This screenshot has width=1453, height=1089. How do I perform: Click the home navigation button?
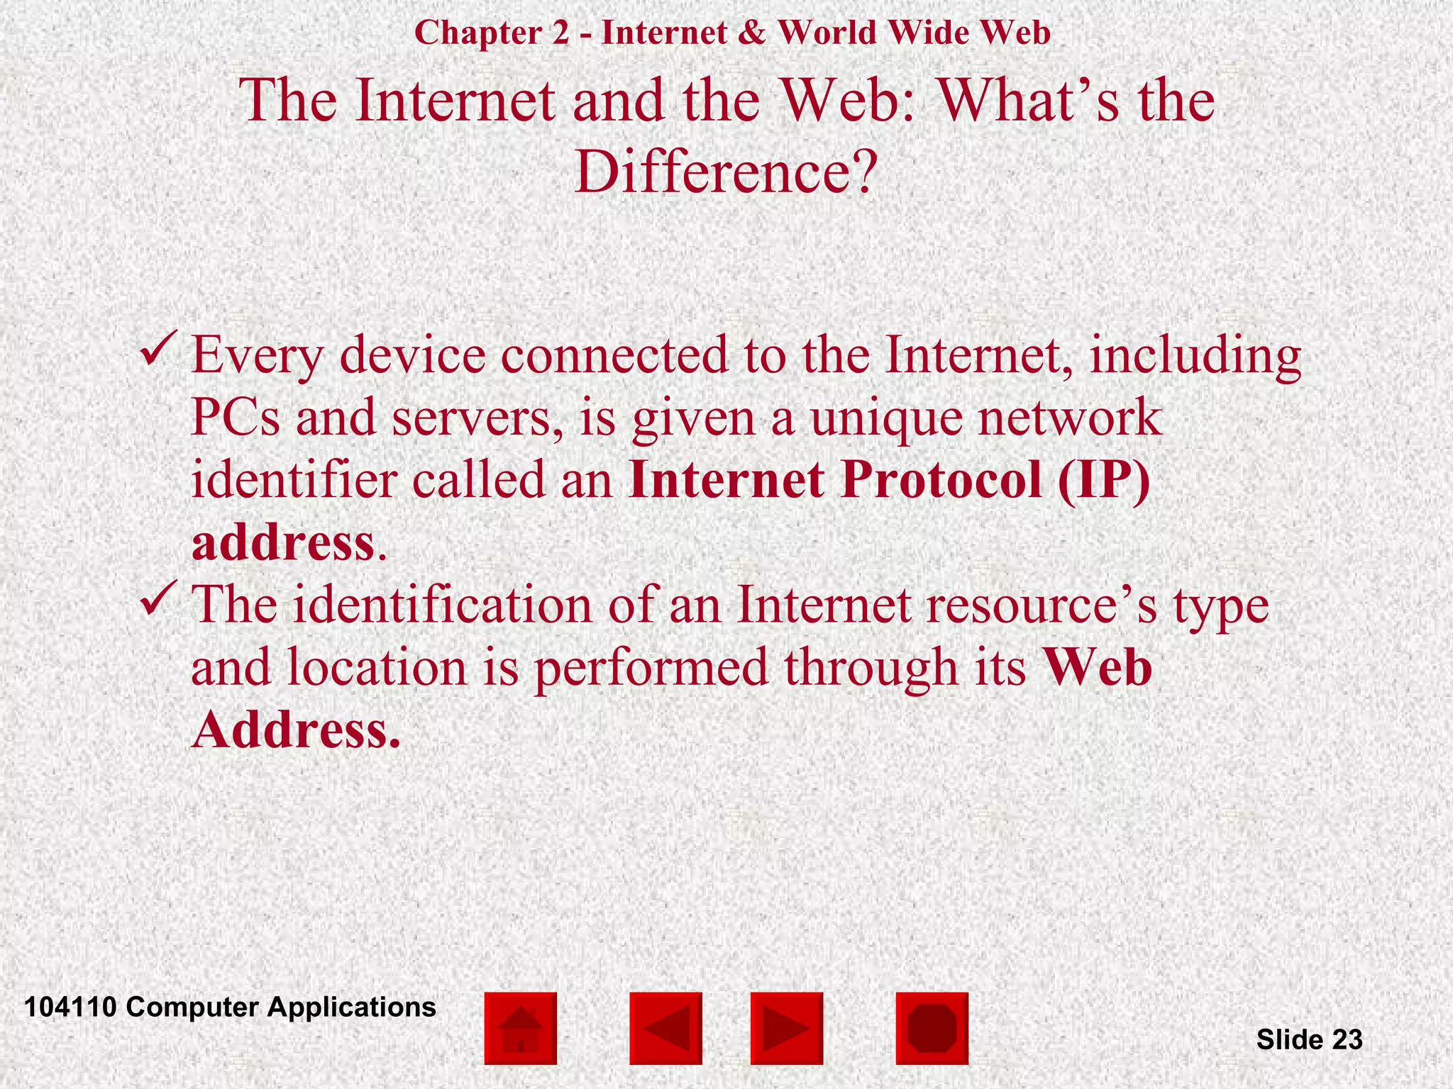(520, 1028)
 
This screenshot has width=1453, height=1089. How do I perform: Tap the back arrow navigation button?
(665, 1028)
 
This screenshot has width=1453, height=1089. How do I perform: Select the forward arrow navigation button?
(786, 1028)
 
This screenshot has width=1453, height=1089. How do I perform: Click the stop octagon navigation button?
(932, 1028)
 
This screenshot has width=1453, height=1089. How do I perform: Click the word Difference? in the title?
(726, 172)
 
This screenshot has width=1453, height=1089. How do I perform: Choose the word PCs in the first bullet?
(236, 418)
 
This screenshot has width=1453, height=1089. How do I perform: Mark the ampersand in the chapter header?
(752, 33)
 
